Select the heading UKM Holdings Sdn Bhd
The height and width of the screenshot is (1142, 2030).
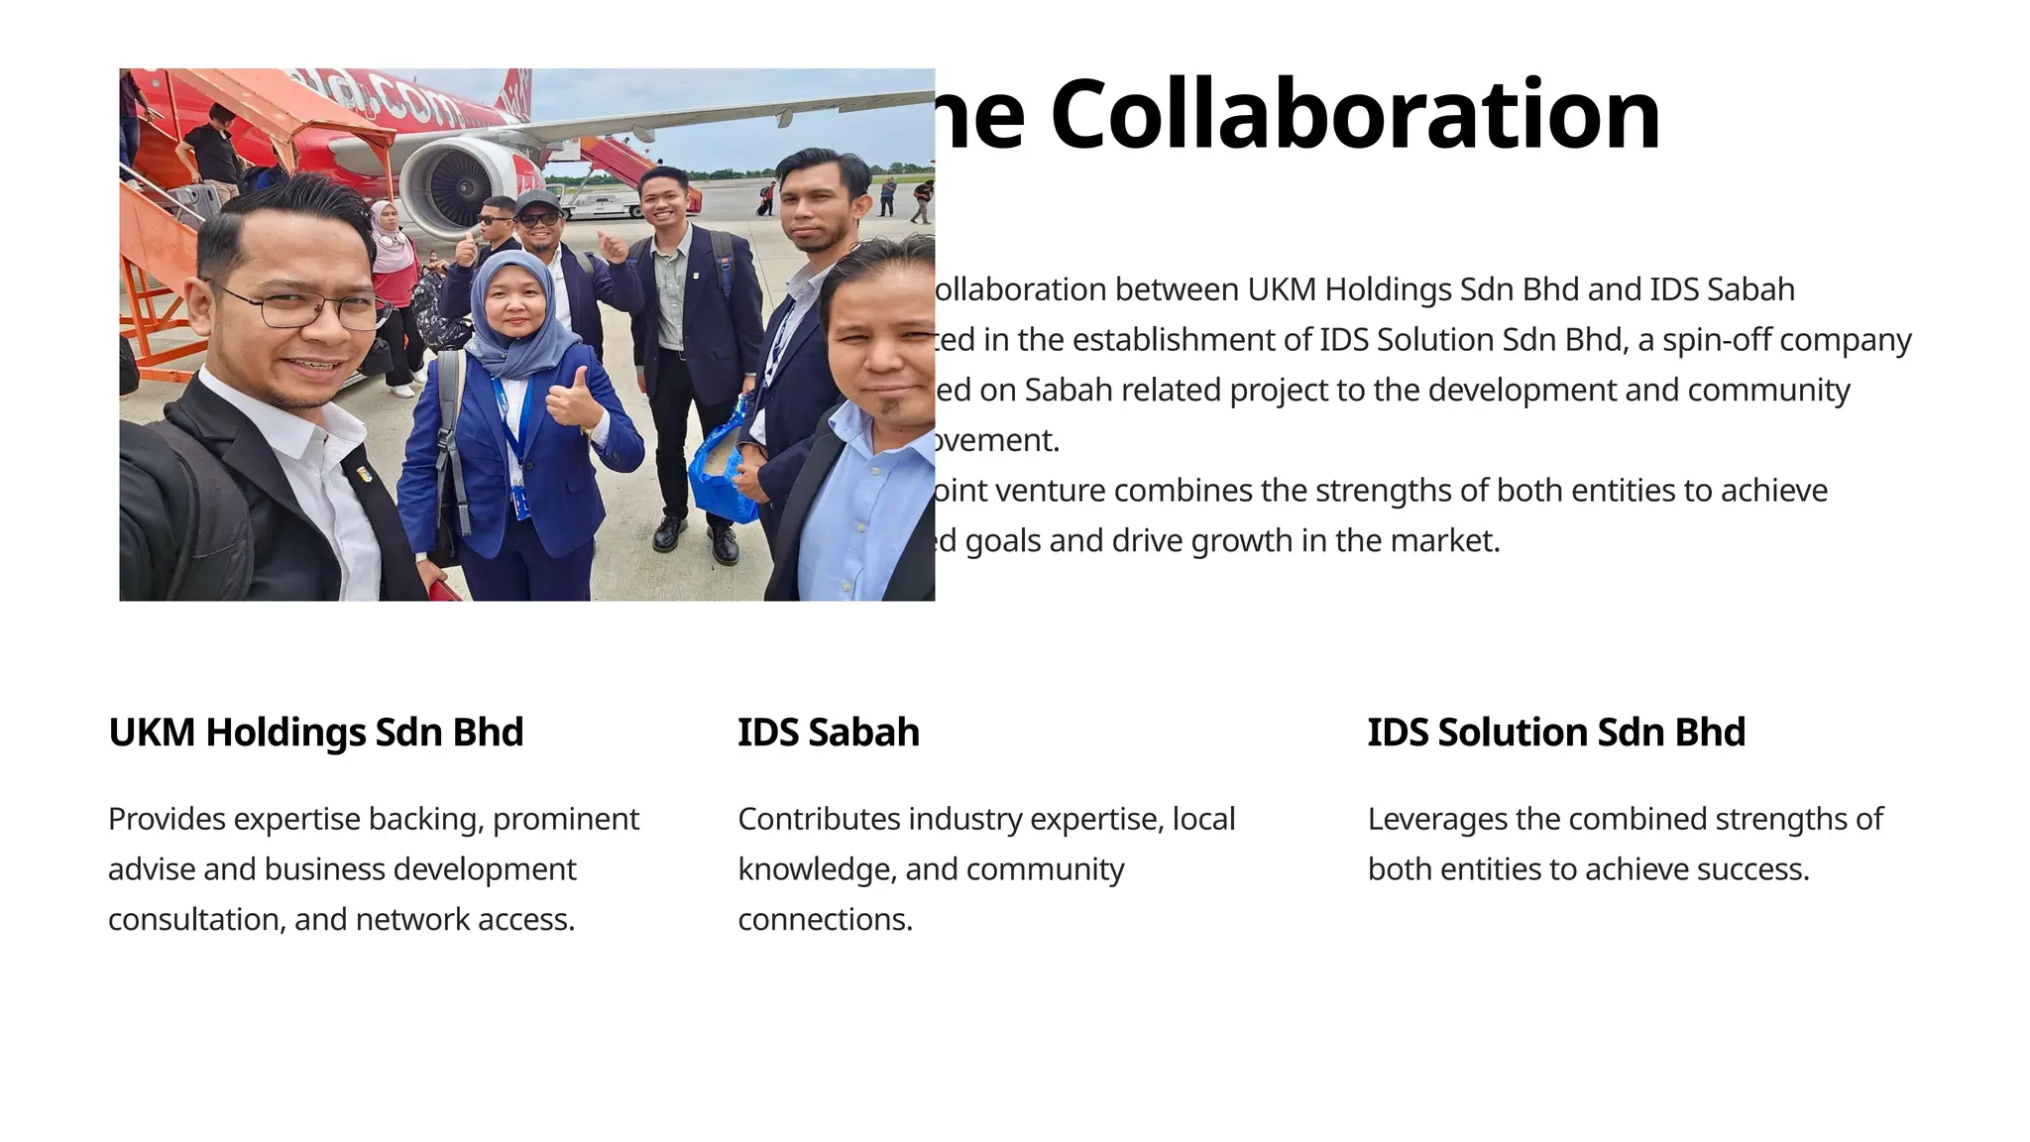pyautogui.click(x=315, y=733)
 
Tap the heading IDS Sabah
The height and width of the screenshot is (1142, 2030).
pyautogui.click(x=828, y=733)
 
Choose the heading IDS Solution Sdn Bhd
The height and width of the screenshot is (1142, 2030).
pyautogui.click(x=1555, y=733)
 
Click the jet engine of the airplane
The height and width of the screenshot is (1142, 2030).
pyautogui.click(x=456, y=185)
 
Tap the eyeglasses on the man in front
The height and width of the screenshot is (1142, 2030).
pyautogui.click(x=297, y=307)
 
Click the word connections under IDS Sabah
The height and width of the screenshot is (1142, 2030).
pyautogui.click(x=825, y=920)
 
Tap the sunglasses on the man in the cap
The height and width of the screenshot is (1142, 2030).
pyautogui.click(x=538, y=219)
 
